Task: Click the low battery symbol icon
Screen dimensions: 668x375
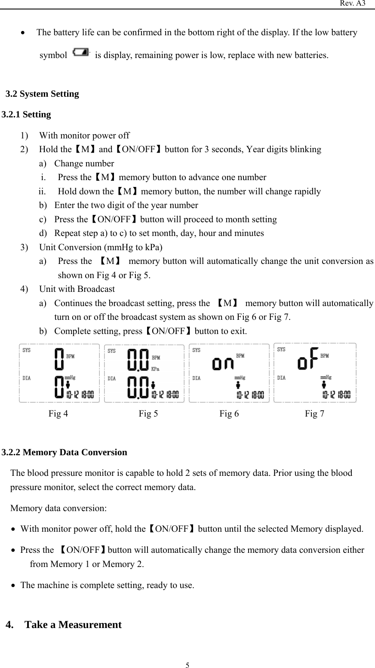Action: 81,52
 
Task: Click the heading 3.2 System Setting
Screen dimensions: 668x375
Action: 42,94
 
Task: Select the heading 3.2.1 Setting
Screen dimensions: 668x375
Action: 26,114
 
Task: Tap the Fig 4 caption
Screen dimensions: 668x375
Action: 58,414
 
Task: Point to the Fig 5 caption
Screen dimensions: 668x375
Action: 148,414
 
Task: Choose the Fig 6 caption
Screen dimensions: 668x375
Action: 229,414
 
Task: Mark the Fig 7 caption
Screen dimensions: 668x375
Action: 315,414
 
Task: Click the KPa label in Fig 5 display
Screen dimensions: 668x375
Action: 155,369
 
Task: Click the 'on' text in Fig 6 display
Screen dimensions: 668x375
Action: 223,364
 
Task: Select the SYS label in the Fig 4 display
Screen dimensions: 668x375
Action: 27,350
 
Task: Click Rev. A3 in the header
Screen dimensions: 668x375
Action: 353,3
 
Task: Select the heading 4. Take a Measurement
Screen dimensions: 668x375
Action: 64,625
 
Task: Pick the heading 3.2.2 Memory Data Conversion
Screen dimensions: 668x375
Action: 65,452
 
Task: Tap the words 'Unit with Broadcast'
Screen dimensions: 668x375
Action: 77,289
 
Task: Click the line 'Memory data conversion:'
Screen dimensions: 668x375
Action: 58,508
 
